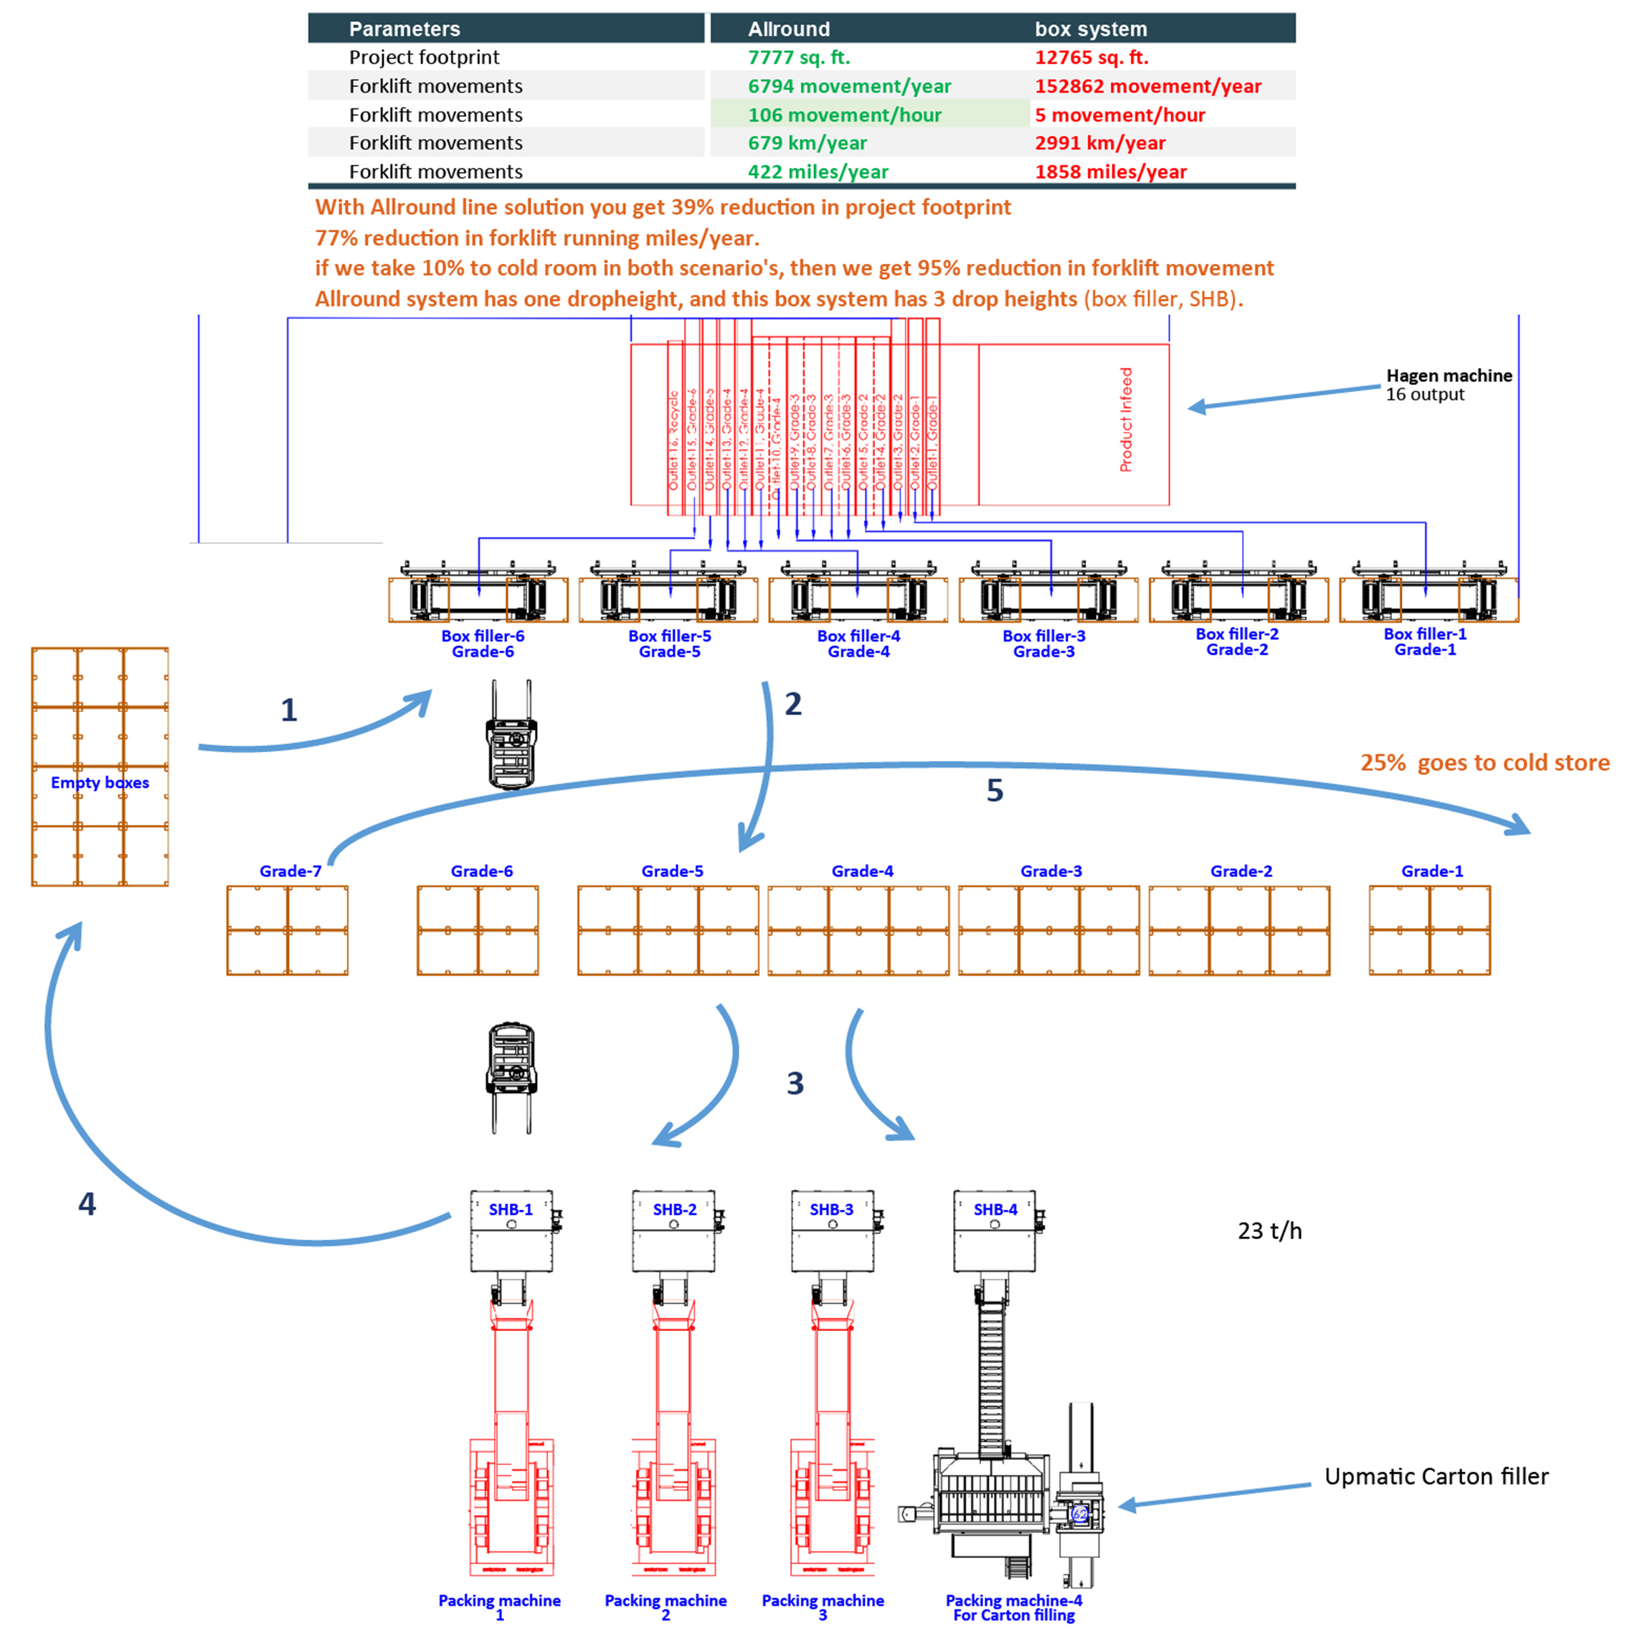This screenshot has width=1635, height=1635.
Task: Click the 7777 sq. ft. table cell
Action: [x=798, y=57]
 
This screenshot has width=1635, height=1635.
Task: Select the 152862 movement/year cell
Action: [x=1147, y=86]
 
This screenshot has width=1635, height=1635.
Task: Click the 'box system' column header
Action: [x=1090, y=29]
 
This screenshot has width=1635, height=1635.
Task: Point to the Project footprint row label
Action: [x=424, y=57]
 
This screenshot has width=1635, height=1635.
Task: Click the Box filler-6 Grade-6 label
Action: [x=483, y=643]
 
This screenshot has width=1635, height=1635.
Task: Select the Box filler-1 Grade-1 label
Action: [x=1424, y=642]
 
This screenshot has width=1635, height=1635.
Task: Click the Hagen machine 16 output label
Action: [x=1447, y=384]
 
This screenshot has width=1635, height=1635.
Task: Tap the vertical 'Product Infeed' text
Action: [x=1126, y=420]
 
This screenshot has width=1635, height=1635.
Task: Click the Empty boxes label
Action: [x=100, y=783]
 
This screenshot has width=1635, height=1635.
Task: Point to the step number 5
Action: [x=995, y=790]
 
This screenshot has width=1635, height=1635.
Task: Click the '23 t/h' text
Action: [x=1269, y=1231]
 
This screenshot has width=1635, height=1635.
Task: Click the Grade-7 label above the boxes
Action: [x=290, y=871]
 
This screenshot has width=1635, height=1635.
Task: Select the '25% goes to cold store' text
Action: [x=1484, y=762]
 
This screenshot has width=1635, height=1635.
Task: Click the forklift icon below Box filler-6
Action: [x=511, y=734]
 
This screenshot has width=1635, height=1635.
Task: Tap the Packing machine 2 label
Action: [x=665, y=1607]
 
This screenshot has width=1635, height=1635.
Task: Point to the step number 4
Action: [x=87, y=1203]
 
